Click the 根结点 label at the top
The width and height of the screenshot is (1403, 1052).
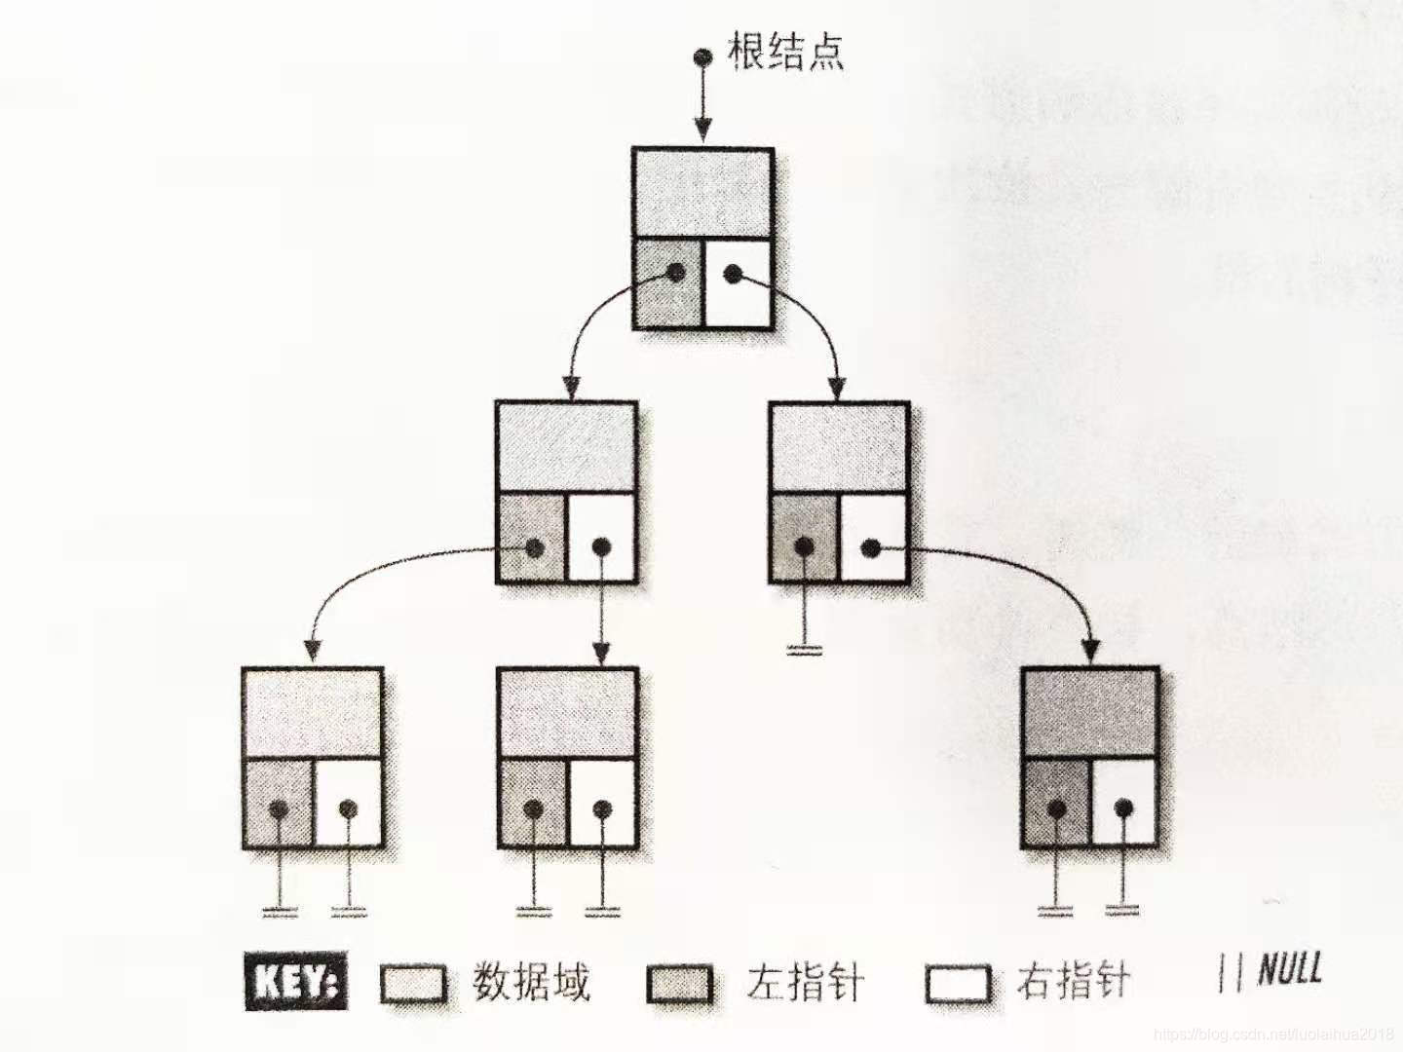(x=785, y=52)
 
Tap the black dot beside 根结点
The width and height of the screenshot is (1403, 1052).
(x=701, y=57)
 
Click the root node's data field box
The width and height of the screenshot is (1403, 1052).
(x=702, y=192)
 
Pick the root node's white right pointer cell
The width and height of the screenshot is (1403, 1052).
(x=738, y=282)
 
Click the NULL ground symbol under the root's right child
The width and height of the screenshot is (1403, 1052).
(x=804, y=648)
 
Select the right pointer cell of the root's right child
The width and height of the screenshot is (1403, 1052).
(x=873, y=539)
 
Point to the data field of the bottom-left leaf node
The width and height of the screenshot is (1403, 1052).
(x=312, y=713)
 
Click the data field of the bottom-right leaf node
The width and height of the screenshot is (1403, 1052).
(x=1089, y=713)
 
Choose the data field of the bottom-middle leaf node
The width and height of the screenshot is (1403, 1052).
(x=567, y=713)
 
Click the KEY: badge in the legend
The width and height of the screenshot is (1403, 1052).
(x=295, y=982)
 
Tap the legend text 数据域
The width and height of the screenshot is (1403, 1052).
(x=532, y=982)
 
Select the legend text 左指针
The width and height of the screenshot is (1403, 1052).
(x=805, y=982)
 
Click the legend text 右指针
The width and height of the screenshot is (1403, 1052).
(x=1074, y=980)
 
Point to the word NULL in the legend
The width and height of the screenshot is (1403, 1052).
(x=1290, y=970)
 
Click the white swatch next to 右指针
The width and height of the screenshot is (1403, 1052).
(x=959, y=984)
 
